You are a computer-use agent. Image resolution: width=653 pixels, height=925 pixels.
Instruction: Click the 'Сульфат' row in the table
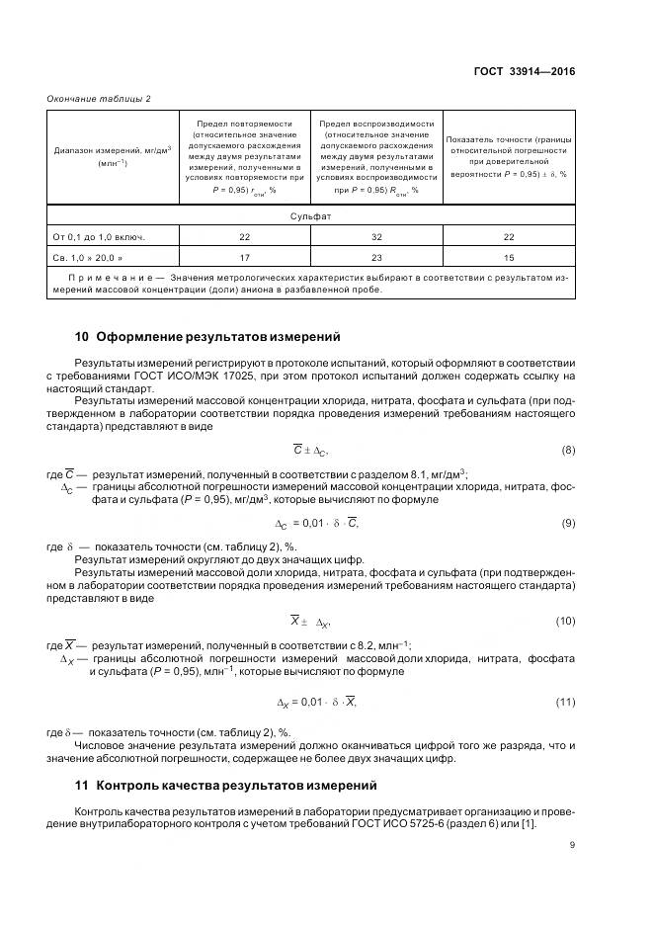point(310,215)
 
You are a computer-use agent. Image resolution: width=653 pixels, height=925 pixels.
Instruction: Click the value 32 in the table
point(376,237)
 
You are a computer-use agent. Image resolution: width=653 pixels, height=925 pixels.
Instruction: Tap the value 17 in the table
point(244,258)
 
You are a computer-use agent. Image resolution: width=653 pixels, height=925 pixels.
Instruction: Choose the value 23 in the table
point(376,258)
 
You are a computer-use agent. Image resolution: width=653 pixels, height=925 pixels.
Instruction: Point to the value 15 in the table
point(508,258)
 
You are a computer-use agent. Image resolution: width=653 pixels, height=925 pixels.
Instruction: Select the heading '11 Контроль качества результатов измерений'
point(226,786)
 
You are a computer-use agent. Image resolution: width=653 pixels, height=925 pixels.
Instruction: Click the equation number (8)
point(568,451)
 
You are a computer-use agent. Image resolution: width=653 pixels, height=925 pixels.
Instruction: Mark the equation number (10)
point(565,621)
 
